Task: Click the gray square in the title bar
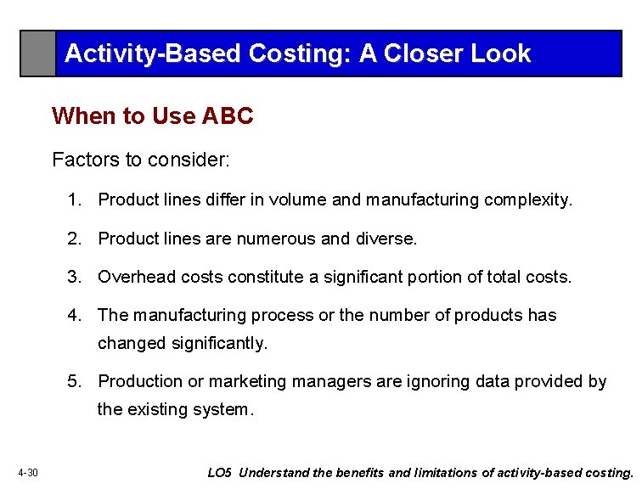[x=38, y=53]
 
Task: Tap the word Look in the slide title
[x=500, y=53]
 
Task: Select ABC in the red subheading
[x=228, y=116]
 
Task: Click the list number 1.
[x=75, y=200]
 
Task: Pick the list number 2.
[x=75, y=239]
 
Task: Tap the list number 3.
[x=75, y=277]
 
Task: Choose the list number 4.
[x=75, y=316]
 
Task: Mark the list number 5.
[x=75, y=382]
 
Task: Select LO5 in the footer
[x=219, y=473]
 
